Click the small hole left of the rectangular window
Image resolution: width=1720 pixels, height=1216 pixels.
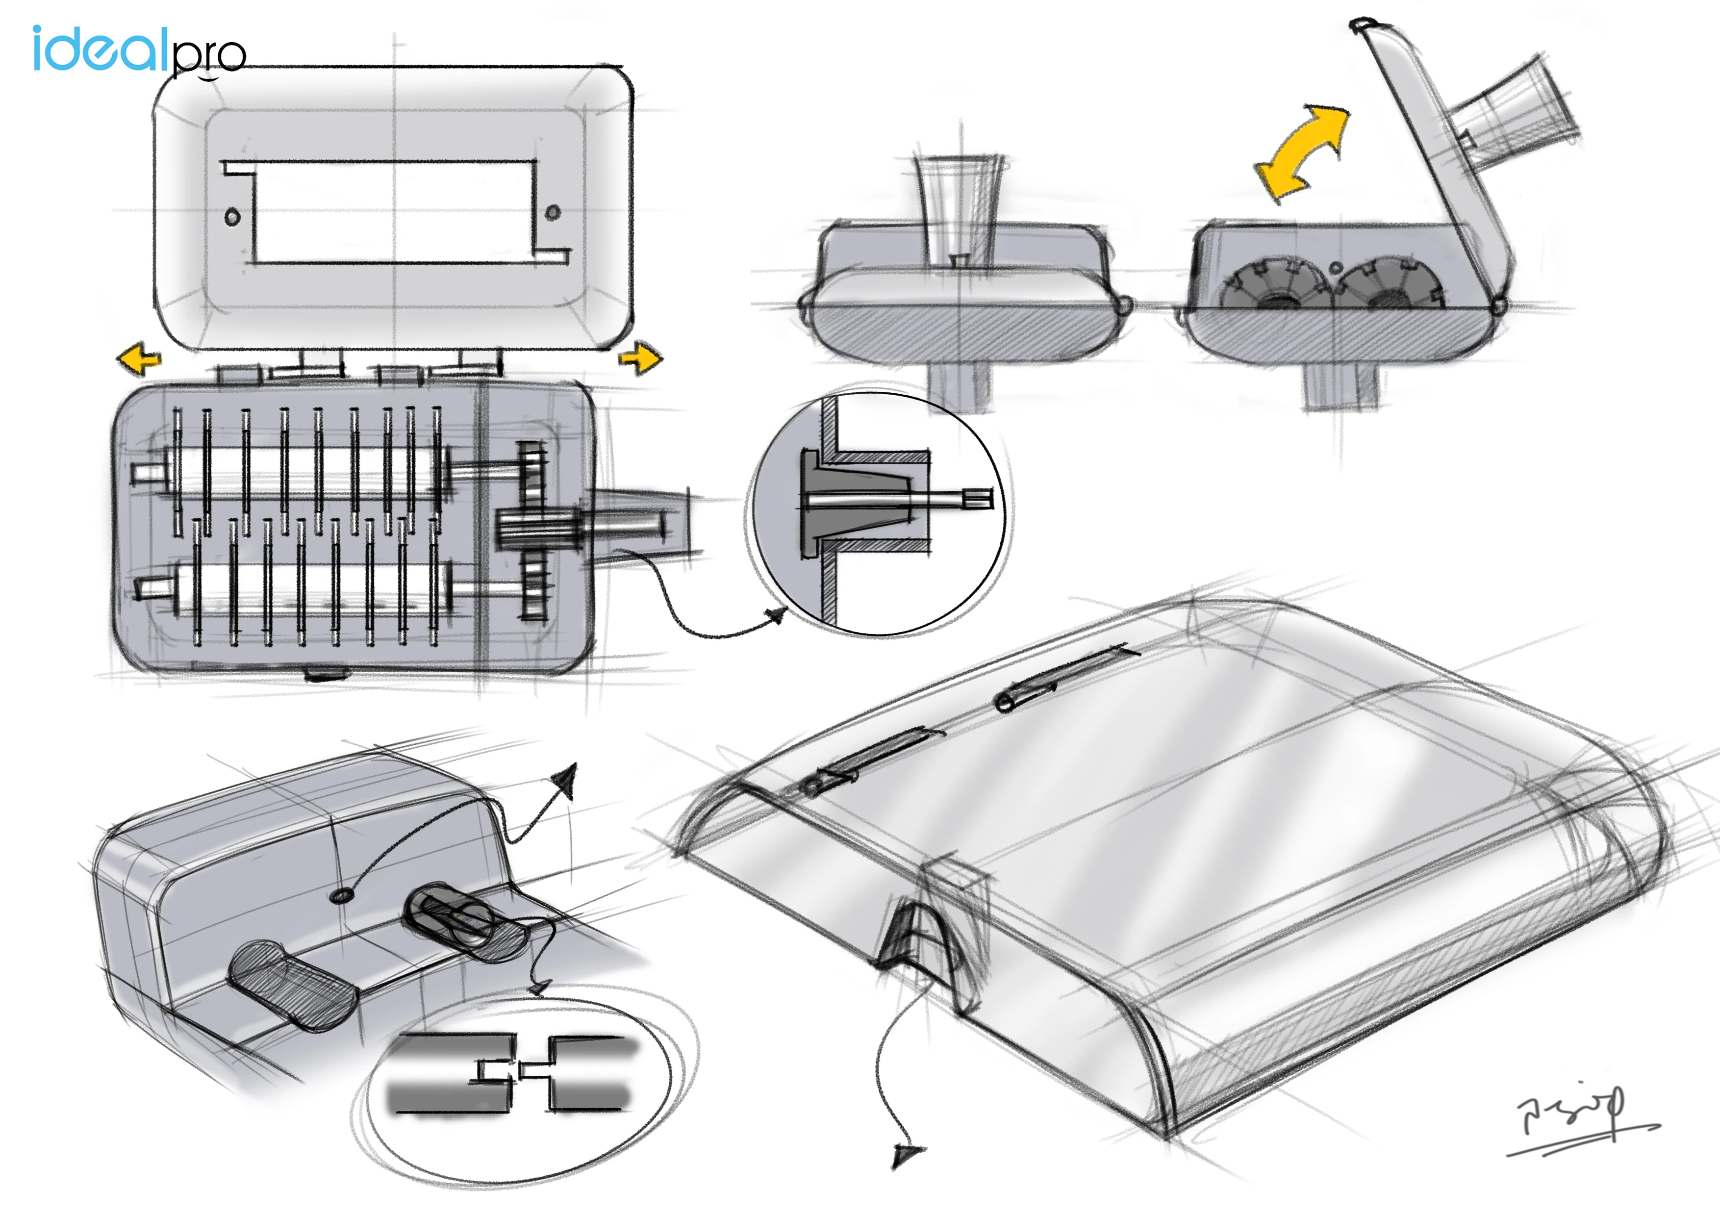pos(232,217)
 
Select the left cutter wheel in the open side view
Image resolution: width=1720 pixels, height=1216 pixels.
pos(1273,288)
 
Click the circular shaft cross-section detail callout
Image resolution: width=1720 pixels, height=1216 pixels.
pos(880,509)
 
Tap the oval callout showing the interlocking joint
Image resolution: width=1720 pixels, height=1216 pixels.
pos(517,1087)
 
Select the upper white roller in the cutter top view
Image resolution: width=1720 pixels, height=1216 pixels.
pos(300,472)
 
